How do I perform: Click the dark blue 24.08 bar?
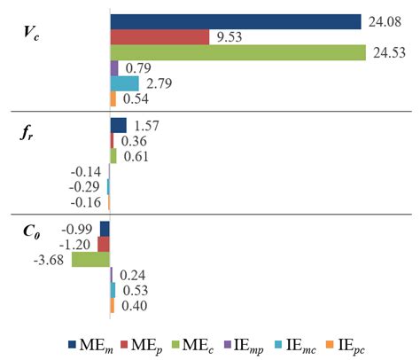click(x=235, y=21)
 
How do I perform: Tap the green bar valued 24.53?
click(x=237, y=52)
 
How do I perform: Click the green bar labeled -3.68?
click(x=90, y=259)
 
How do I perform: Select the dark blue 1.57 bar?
click(x=118, y=125)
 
